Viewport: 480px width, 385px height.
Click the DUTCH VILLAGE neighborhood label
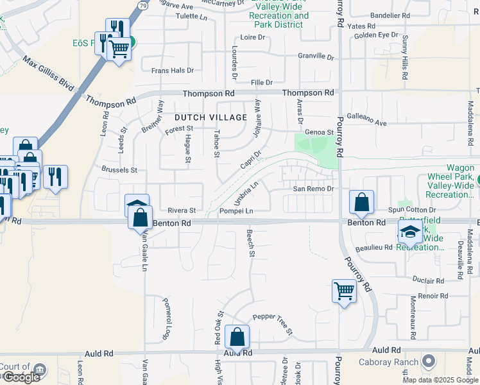tap(210, 117)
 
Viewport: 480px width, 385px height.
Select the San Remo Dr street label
tap(314, 189)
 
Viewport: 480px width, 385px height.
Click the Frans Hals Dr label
tap(172, 71)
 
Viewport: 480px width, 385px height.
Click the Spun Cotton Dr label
tap(414, 210)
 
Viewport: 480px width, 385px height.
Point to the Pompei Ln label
tap(236, 210)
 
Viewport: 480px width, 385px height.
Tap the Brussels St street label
tap(119, 170)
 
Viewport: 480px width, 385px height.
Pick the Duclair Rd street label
tap(429, 281)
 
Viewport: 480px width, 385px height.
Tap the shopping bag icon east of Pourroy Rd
tap(362, 202)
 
